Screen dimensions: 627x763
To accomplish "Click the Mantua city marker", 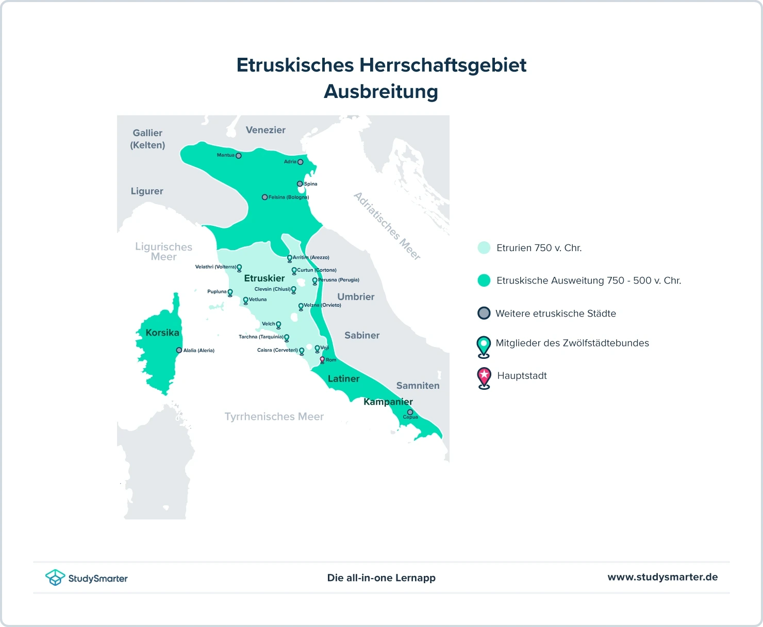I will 238,156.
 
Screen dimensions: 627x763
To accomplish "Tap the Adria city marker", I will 301,162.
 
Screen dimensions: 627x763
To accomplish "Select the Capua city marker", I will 410,412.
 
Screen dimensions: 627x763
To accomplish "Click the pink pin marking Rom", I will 322,359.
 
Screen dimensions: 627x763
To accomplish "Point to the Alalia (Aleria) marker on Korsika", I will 179,350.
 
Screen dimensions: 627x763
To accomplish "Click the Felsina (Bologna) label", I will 288,197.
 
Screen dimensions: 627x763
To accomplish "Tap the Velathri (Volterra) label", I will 215,267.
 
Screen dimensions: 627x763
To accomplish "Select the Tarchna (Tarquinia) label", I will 261,337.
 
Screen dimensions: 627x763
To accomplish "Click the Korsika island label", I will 162,333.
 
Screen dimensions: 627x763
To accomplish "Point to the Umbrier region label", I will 356,296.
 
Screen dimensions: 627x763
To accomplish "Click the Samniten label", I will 418,386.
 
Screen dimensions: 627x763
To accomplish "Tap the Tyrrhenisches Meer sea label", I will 274,417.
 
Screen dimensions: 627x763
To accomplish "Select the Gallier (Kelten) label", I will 147,139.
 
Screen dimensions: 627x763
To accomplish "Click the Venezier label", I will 266,130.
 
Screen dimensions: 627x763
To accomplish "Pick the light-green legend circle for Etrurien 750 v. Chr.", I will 484,247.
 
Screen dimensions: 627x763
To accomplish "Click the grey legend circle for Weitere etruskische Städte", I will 484,313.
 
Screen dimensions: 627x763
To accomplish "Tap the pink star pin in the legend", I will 484,377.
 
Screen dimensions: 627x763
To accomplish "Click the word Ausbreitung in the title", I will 381,91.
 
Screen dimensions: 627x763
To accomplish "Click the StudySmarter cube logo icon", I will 55,577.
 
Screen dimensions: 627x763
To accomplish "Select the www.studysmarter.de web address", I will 662,577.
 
